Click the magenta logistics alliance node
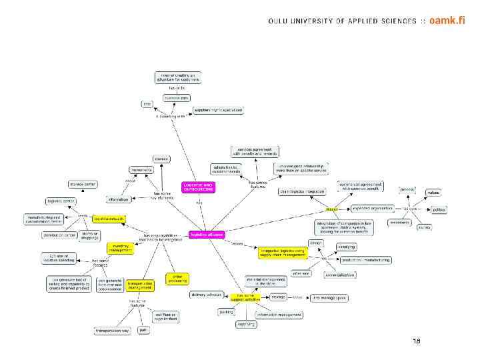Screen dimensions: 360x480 [x=207, y=235]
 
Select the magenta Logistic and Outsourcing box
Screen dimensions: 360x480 [x=198, y=187]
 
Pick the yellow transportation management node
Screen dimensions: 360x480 [x=140, y=285]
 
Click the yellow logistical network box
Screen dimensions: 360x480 [x=109, y=219]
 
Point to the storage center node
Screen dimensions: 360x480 [x=83, y=184]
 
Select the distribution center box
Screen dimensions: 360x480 [x=59, y=235]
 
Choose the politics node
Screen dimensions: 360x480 [x=438, y=209]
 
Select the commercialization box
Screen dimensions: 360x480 [x=339, y=275]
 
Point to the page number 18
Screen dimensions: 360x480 [x=417, y=341]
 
